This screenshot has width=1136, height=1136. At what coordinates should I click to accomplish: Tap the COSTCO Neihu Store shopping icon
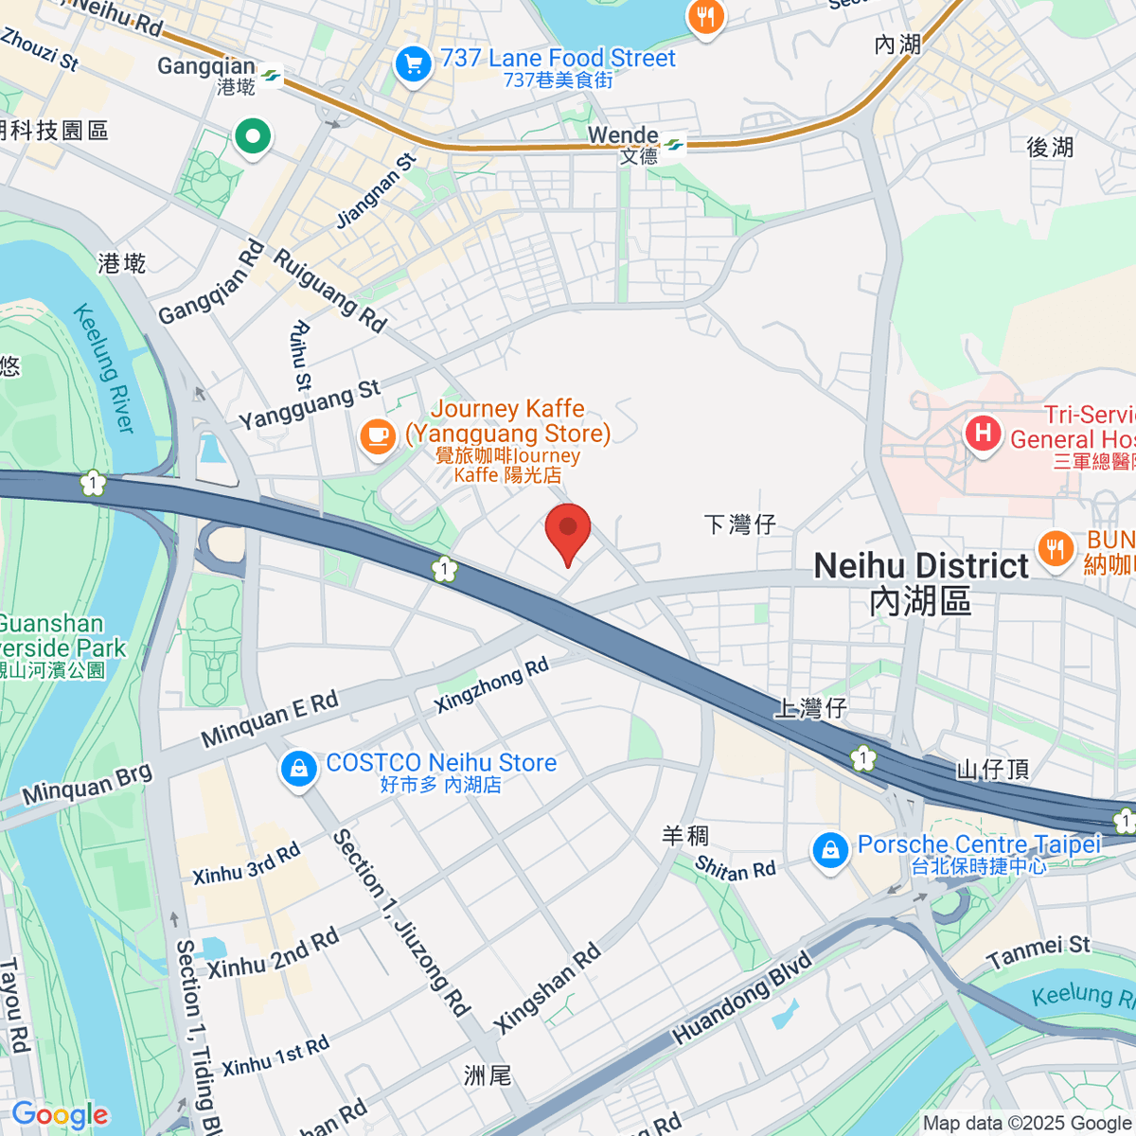point(298,769)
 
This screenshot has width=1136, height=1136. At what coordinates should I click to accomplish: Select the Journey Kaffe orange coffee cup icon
point(378,437)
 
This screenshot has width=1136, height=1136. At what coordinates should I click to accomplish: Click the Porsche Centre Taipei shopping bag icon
point(830,850)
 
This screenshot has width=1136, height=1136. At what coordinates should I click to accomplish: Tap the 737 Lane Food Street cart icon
point(413,65)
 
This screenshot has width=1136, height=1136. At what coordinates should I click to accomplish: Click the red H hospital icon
point(983,435)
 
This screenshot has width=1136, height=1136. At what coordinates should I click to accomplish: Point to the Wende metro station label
point(623,135)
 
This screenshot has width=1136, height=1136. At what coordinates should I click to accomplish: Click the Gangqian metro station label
point(206,66)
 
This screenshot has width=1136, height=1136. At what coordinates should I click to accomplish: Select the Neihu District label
point(920,566)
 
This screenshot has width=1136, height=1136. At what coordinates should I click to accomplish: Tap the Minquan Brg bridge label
point(87,784)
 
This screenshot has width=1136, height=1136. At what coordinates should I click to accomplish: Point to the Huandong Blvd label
point(742,999)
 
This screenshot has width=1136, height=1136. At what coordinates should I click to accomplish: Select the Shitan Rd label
point(735,868)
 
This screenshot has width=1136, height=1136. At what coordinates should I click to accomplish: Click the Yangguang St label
point(309,404)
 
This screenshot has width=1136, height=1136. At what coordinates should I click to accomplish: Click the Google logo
point(60,1115)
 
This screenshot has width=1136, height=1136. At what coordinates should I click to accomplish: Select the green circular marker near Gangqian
point(253,136)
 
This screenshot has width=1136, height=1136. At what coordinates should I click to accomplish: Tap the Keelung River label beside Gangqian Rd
point(104,368)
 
